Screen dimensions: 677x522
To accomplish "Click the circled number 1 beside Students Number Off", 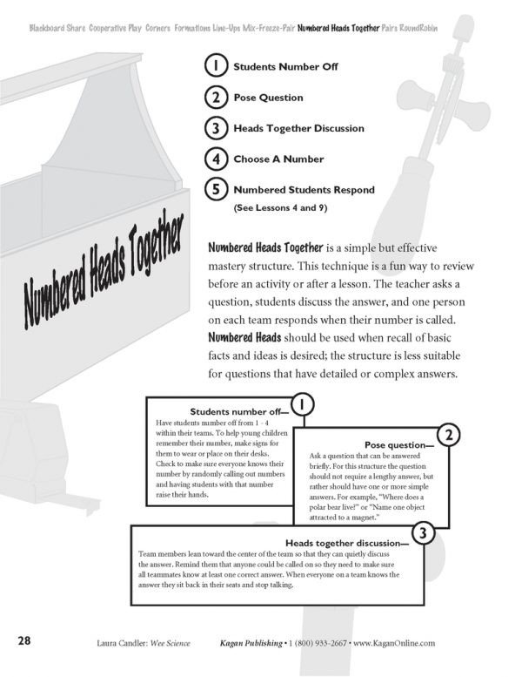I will click(214, 66).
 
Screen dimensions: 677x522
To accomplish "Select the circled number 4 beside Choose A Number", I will click(214, 159).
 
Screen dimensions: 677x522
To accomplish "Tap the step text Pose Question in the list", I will click(268, 98).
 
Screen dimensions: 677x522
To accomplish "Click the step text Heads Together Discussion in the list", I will click(298, 128).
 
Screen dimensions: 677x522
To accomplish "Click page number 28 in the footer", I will click(23, 641).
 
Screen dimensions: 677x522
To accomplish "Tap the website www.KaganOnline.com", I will click(393, 642).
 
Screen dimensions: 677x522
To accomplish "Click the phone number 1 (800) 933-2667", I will click(315, 642).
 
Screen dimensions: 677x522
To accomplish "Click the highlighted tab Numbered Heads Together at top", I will click(338, 29).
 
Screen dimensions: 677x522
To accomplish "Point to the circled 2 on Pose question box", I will click(447, 433).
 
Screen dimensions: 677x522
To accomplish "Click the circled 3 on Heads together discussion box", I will click(421, 533).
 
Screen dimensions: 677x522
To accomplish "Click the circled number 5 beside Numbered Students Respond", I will click(214, 189).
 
